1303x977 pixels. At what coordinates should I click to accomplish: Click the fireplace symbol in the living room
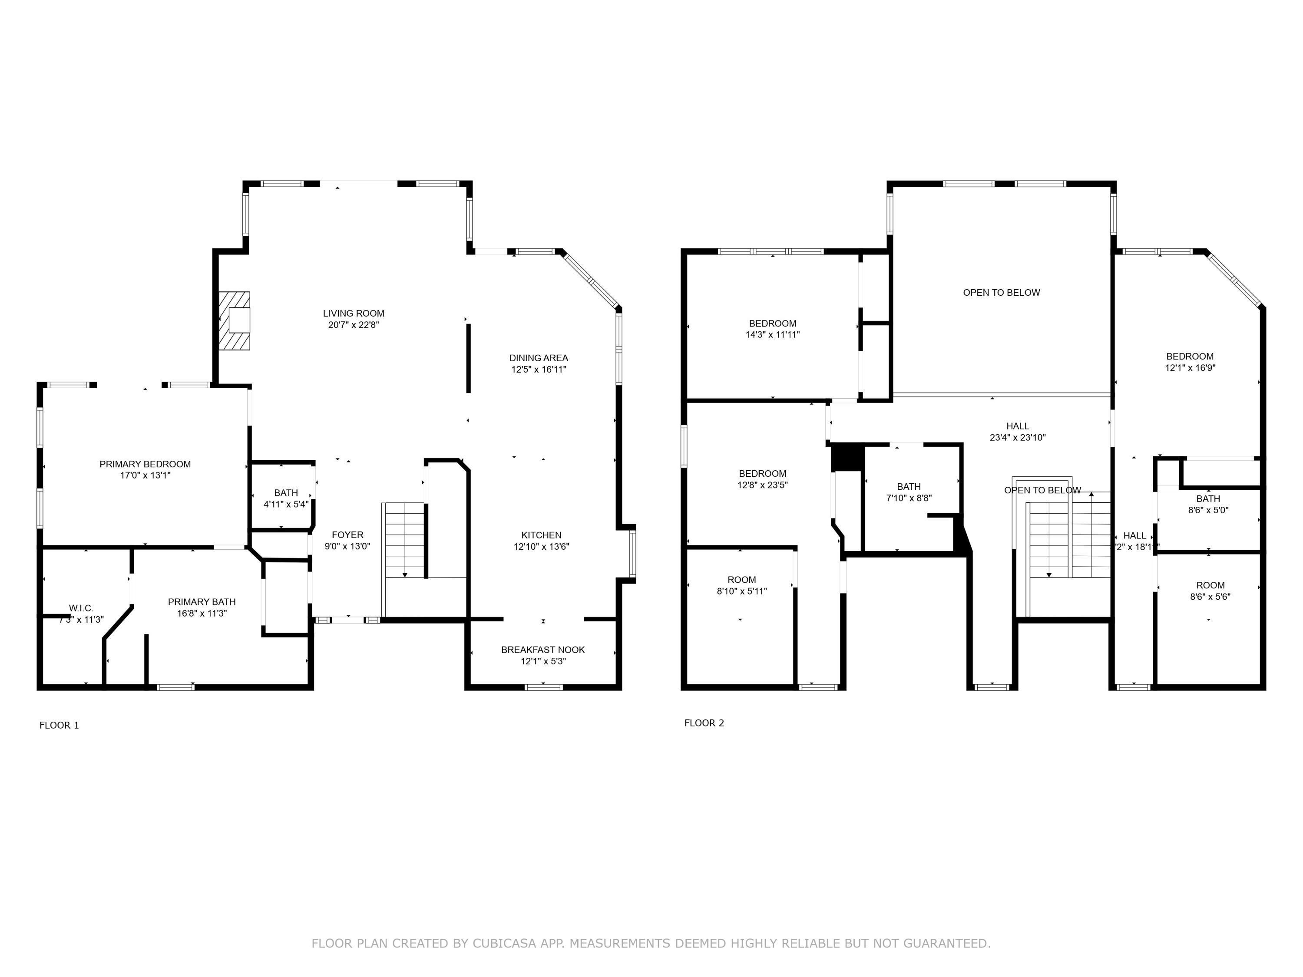pyautogui.click(x=235, y=320)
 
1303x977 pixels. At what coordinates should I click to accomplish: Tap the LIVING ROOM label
pyautogui.click(x=354, y=314)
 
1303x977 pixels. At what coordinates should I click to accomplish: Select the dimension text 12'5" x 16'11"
pyautogui.click(x=539, y=369)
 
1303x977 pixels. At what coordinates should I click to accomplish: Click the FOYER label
pyautogui.click(x=347, y=535)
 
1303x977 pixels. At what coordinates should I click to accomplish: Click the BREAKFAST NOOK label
pyautogui.click(x=542, y=650)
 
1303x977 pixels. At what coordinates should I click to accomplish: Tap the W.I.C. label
pyautogui.click(x=81, y=608)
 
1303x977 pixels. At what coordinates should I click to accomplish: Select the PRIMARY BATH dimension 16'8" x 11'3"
pyautogui.click(x=202, y=613)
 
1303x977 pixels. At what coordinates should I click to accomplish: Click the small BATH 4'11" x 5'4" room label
pyautogui.click(x=286, y=493)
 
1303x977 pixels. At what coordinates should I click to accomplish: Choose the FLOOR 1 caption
pyautogui.click(x=59, y=725)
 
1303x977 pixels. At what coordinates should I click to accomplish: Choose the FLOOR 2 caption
pyautogui.click(x=704, y=723)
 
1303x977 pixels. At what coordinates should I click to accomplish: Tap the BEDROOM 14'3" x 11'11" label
pyautogui.click(x=772, y=323)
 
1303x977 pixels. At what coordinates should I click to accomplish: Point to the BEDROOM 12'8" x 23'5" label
pyautogui.click(x=762, y=473)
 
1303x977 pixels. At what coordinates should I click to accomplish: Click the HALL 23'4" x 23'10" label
pyautogui.click(x=1017, y=426)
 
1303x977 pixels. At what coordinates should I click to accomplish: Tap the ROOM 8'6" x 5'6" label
pyautogui.click(x=1210, y=585)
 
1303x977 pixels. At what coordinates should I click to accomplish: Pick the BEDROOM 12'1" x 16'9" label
pyautogui.click(x=1189, y=356)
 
